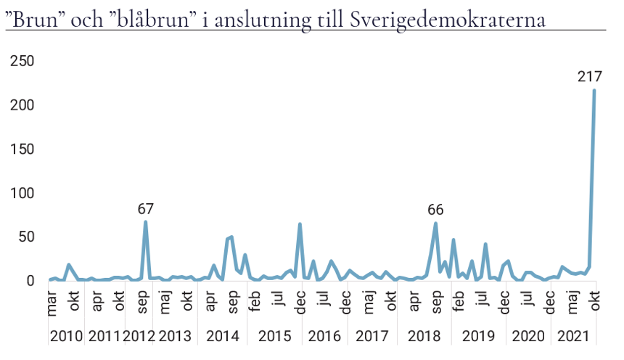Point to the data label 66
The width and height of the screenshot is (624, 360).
(x=435, y=210)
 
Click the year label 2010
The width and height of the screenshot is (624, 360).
(x=66, y=337)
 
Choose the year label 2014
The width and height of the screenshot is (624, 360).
(x=222, y=337)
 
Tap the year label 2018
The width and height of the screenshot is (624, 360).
(x=424, y=337)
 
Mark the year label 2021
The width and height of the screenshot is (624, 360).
(x=573, y=337)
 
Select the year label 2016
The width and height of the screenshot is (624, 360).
(x=324, y=337)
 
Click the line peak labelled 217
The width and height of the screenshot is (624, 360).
(x=594, y=91)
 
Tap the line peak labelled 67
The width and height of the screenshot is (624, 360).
(x=146, y=222)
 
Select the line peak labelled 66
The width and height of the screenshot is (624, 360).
(x=435, y=223)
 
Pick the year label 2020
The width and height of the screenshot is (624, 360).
(x=527, y=337)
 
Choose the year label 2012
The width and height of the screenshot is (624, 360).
(x=139, y=337)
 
